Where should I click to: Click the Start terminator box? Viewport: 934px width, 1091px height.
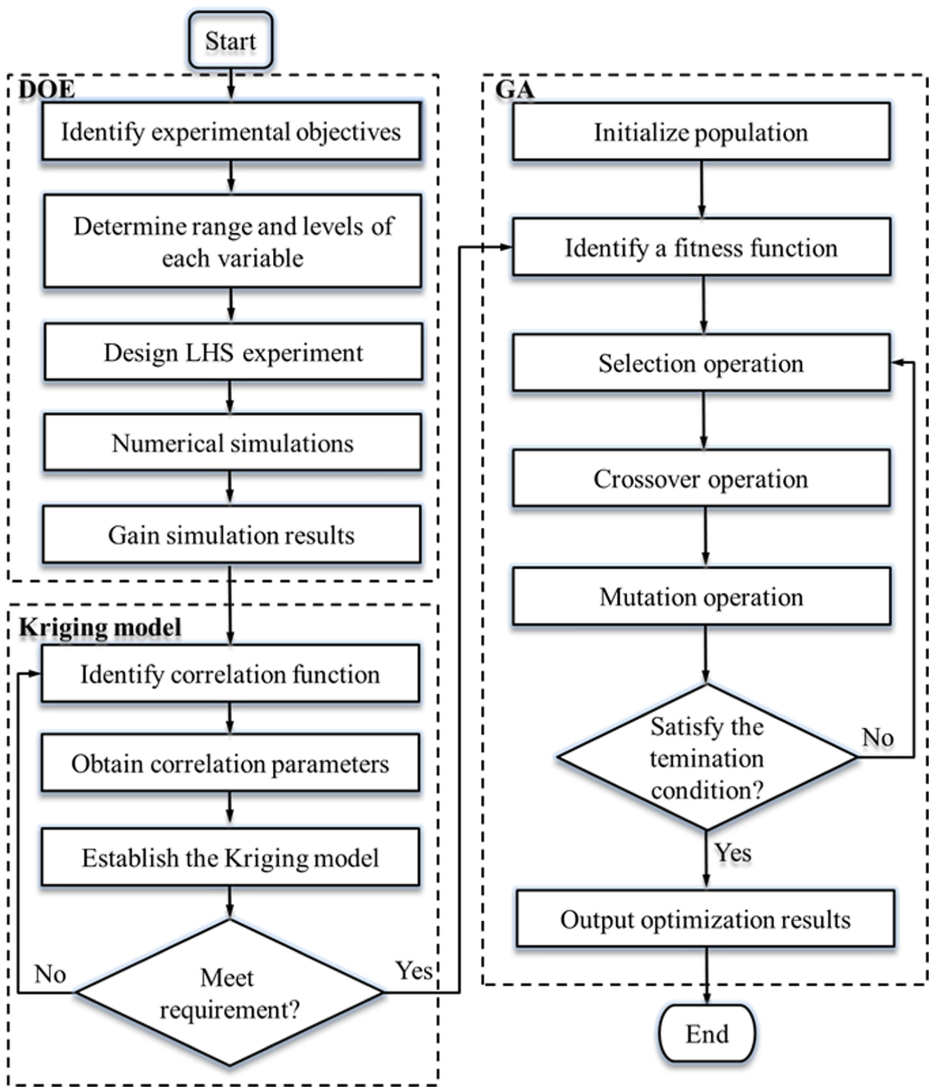pos(231,41)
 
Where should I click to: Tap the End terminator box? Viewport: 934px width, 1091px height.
pos(707,1033)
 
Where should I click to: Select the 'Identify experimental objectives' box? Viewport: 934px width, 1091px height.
pos(231,131)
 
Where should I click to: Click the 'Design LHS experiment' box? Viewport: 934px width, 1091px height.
pos(233,352)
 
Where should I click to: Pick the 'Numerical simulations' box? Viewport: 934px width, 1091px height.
pos(233,443)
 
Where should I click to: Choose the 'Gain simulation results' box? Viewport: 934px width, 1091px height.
pos(232,534)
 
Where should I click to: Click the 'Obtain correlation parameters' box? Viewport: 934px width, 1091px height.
pos(230,763)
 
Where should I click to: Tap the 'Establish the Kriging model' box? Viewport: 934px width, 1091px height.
pos(230,857)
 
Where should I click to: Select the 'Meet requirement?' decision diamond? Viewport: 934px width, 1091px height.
pos(230,993)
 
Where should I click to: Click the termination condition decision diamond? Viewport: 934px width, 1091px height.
pos(707,757)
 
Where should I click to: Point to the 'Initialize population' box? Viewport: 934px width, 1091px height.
pos(701,132)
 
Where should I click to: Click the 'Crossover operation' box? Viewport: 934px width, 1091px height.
pos(701,478)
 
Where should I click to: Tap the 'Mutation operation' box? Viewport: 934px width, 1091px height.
pos(701,596)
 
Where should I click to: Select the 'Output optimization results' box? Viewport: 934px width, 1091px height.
pos(706,919)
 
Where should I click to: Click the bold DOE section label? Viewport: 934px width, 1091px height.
pos(47,89)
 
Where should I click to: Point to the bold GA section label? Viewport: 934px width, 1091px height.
pos(514,89)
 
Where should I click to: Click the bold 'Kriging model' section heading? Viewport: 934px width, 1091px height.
pos(100,628)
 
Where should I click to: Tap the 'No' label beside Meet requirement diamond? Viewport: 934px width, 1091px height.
pos(50,974)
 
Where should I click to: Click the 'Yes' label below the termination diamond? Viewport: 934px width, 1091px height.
pos(732,852)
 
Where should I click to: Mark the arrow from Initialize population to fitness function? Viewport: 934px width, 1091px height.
pos(702,189)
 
